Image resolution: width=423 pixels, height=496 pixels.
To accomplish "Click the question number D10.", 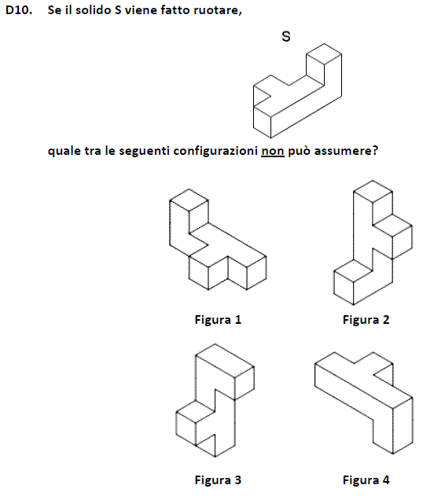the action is (x=19, y=10).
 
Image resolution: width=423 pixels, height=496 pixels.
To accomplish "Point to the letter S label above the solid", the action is (x=286, y=36).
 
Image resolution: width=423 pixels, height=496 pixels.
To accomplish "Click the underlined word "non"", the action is (x=272, y=151).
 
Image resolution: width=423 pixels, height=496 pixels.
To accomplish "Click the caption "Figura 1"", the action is (x=218, y=320).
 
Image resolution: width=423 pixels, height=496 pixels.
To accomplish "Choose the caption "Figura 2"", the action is (x=366, y=320).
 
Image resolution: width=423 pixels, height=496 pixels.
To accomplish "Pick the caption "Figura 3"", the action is (x=218, y=480).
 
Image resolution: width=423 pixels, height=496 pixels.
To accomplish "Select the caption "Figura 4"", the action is (x=366, y=480).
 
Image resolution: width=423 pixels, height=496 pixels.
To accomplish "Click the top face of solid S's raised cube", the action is (x=324, y=54).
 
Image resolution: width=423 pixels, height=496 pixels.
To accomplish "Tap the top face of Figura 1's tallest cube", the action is (x=189, y=200).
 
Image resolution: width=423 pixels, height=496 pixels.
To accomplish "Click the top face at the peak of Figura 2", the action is (x=373, y=191).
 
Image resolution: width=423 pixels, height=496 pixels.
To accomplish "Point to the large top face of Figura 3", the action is (x=225, y=361).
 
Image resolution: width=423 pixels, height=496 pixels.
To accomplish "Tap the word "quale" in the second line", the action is (x=64, y=151).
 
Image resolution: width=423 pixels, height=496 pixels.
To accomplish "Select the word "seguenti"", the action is (x=144, y=152).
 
